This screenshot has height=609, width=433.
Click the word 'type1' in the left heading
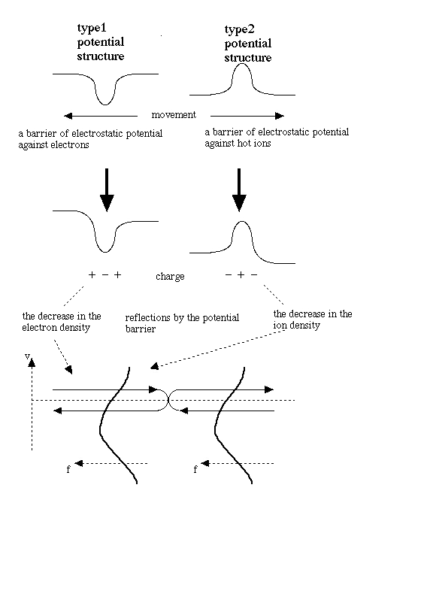(x=92, y=29)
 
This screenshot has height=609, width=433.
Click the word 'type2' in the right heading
(x=239, y=30)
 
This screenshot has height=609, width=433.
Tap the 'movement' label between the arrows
(x=174, y=115)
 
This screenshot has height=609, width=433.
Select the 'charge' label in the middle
(x=170, y=277)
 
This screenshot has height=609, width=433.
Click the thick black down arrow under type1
(x=107, y=190)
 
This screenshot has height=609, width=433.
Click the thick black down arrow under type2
(x=239, y=190)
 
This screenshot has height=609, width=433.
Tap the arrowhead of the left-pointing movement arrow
(x=68, y=116)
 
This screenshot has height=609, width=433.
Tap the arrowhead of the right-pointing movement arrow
(x=280, y=116)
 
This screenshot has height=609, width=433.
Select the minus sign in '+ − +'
(x=104, y=275)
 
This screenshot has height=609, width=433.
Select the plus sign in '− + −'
(x=241, y=275)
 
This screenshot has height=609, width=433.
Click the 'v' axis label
(x=27, y=356)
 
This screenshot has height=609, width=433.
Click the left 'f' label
(x=68, y=469)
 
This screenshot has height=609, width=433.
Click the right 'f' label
(x=195, y=469)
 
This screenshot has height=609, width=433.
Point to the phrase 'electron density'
(x=56, y=328)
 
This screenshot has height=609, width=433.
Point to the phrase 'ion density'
(x=297, y=326)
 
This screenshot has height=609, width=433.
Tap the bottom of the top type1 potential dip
(x=104, y=105)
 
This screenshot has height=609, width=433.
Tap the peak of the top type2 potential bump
(x=241, y=64)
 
